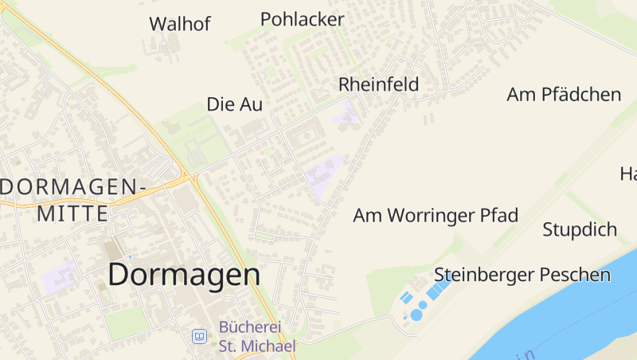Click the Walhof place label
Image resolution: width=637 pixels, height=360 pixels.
click(180, 24)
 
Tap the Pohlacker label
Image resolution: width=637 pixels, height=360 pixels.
click(302, 19)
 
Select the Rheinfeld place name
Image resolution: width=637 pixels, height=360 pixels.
click(378, 84)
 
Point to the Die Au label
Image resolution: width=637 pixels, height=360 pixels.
click(234, 104)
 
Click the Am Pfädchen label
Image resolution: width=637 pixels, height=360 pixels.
click(564, 95)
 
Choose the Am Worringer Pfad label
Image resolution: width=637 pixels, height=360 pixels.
click(436, 215)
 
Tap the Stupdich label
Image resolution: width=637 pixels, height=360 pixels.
click(580, 230)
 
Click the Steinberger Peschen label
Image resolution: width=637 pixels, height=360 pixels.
click(522, 275)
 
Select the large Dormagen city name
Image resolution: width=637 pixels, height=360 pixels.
click(184, 275)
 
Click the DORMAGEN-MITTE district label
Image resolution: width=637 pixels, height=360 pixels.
click(73, 200)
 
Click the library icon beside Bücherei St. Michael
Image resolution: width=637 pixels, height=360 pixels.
click(199, 336)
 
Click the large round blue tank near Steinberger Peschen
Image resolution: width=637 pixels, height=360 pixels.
click(416, 315)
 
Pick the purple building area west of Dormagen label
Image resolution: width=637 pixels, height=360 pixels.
click(61, 276)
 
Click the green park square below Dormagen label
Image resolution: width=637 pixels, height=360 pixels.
click(127, 323)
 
